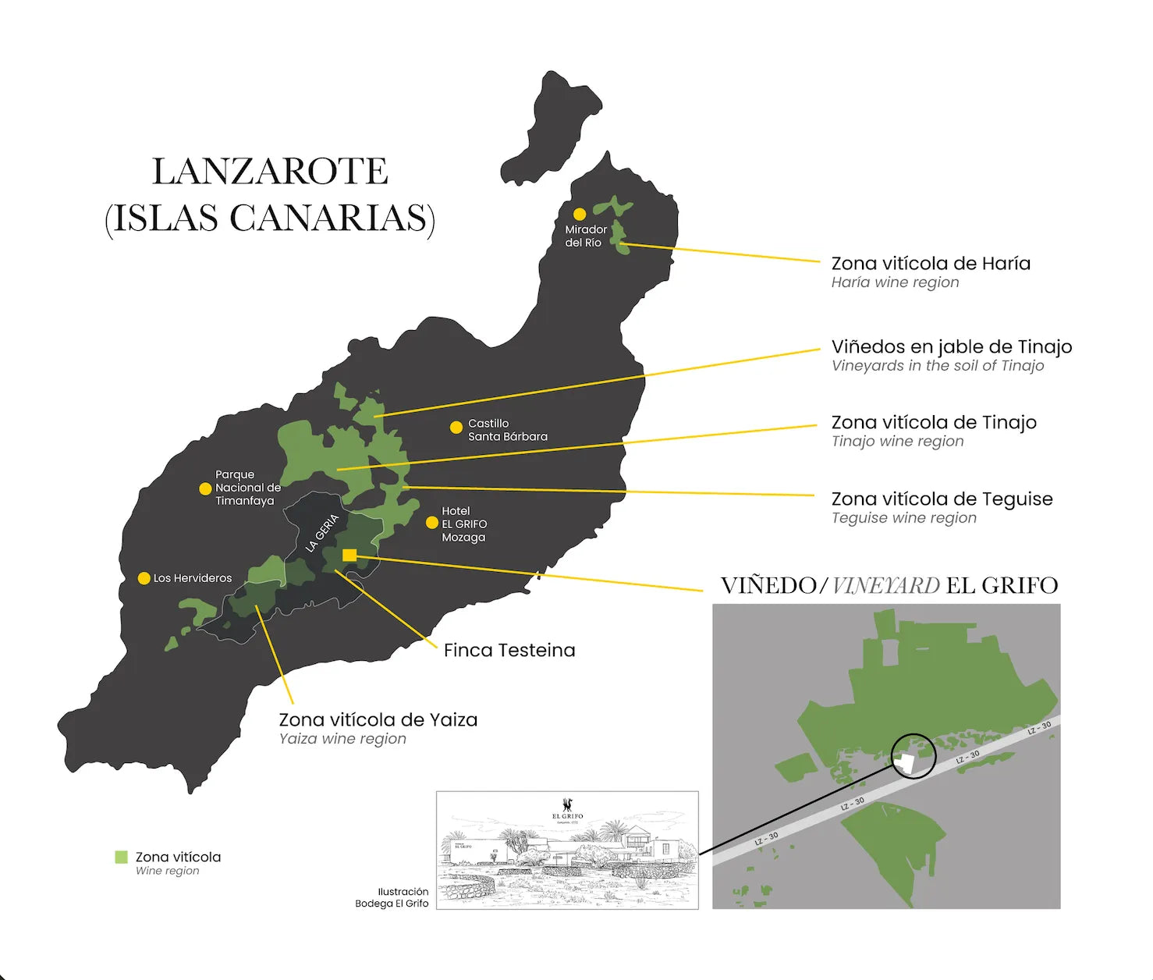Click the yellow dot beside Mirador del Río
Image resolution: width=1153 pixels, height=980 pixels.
(580, 214)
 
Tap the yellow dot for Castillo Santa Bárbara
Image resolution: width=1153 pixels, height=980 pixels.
(456, 428)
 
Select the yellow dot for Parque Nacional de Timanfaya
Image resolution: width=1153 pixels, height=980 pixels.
(205, 488)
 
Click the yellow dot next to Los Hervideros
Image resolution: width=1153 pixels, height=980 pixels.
(144, 578)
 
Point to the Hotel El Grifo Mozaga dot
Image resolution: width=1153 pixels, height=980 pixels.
(431, 523)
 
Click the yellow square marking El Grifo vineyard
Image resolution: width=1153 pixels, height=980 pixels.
(349, 556)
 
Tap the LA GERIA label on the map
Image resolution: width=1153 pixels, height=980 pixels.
(322, 533)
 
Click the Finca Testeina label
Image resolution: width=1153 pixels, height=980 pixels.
(509, 650)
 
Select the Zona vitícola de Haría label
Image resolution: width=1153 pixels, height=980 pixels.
(930, 264)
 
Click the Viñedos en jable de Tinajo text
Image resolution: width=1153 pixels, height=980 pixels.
(951, 347)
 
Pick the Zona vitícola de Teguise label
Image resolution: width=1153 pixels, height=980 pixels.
(942, 499)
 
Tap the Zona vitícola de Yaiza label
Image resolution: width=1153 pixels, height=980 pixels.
(378, 720)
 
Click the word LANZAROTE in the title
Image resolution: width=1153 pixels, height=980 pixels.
(270, 172)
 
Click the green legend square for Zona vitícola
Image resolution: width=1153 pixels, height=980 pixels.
(121, 857)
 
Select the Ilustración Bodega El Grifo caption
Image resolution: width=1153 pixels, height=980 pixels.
(392, 897)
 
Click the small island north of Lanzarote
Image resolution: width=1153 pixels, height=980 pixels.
(551, 129)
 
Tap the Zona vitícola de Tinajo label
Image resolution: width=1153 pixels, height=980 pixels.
(933, 423)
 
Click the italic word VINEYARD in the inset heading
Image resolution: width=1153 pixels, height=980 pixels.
(885, 585)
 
